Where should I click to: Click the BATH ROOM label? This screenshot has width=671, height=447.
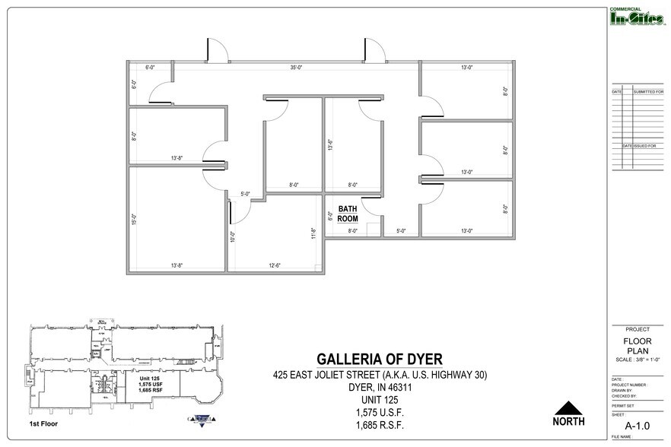pyautogui.click(x=348, y=213)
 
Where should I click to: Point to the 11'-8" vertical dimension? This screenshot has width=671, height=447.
pyautogui.click(x=313, y=233)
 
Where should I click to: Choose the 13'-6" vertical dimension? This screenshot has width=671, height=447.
pyautogui.click(x=329, y=144)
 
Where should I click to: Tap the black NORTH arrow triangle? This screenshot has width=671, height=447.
pyautogui.click(x=568, y=407)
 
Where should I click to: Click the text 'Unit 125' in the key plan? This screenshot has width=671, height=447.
pyautogui.click(x=148, y=378)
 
